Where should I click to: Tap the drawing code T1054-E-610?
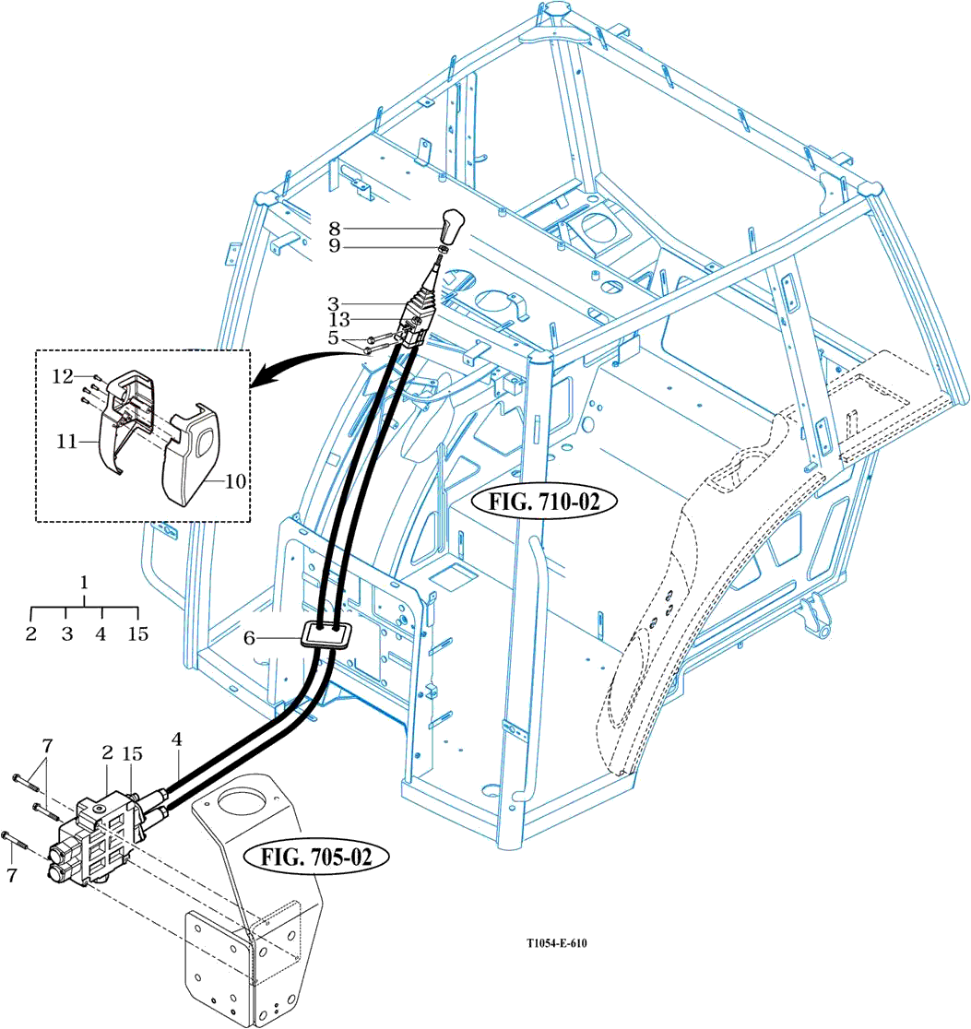(557, 943)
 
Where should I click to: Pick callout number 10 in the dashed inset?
(235, 481)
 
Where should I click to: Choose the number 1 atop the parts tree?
(84, 583)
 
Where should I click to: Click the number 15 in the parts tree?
(137, 634)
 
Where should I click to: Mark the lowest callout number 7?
(12, 876)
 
